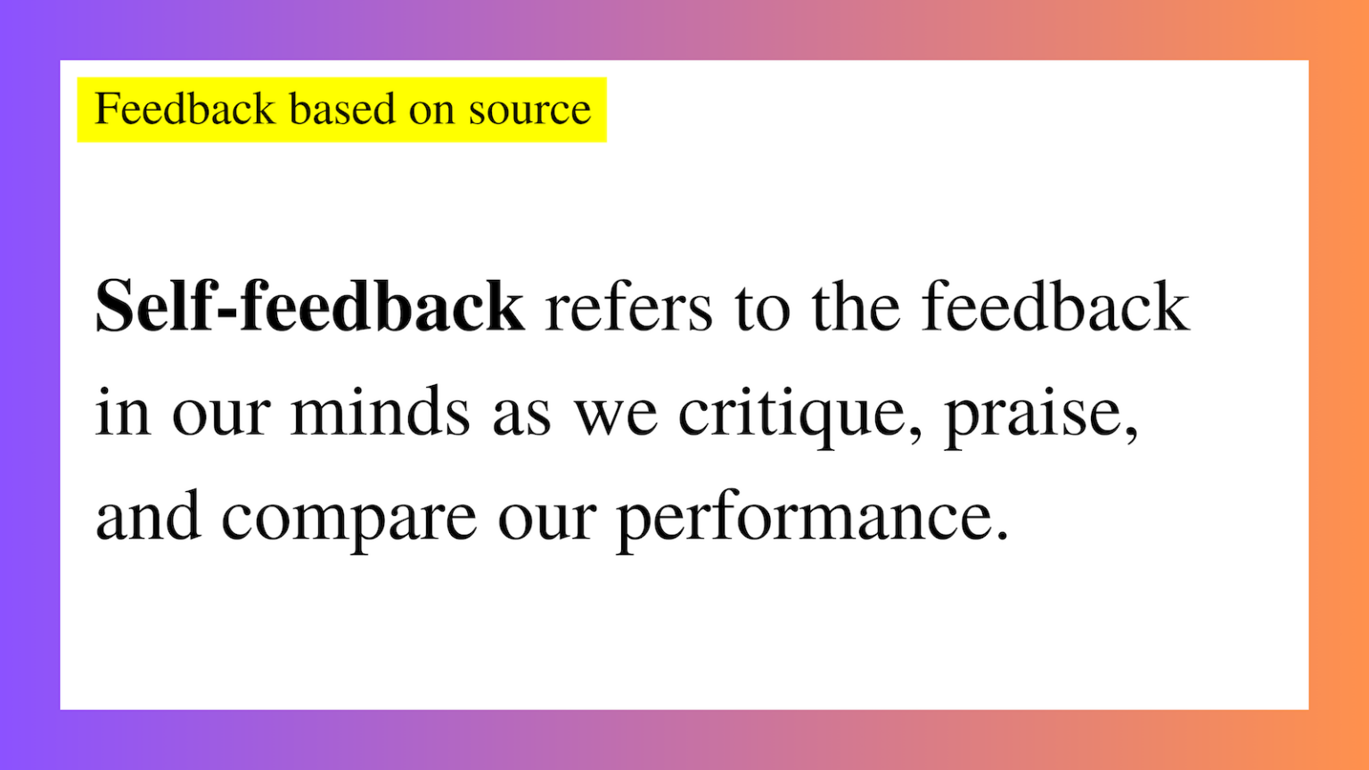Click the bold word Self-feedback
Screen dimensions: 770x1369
309,306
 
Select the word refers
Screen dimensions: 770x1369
628,307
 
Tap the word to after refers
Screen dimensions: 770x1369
762,307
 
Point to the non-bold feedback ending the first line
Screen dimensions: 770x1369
1054,306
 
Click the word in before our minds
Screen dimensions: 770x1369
122,412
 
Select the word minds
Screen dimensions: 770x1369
380,412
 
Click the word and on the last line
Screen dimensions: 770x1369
148,517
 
